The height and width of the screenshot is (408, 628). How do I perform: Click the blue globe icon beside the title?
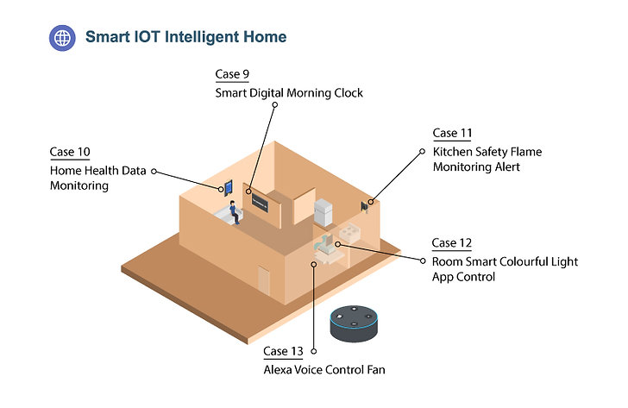click(x=62, y=38)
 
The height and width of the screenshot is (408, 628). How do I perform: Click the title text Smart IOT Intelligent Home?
click(x=185, y=37)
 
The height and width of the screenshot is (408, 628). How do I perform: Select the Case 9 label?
click(x=232, y=74)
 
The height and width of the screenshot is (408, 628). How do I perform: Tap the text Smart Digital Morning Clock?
click(x=289, y=93)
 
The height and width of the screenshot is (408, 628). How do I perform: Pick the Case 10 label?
click(x=70, y=152)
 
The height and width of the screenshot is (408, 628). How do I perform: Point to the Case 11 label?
click(x=452, y=133)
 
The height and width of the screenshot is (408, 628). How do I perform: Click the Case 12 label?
click(x=451, y=242)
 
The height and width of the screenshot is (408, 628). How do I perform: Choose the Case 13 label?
click(x=283, y=351)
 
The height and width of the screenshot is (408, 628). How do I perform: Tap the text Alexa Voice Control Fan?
click(x=324, y=369)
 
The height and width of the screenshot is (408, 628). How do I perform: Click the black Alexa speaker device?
click(x=354, y=323)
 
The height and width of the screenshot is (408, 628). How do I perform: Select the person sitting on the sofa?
click(x=235, y=212)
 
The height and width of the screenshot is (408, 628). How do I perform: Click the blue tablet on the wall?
click(x=229, y=187)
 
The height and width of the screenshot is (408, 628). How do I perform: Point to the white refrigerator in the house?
click(x=323, y=212)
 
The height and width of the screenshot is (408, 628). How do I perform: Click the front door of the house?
click(x=264, y=279)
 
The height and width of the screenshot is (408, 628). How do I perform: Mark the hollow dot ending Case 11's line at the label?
click(x=422, y=151)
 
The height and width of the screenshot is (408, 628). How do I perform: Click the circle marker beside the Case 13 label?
click(x=314, y=351)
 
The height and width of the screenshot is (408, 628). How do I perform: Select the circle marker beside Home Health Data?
click(x=154, y=172)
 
